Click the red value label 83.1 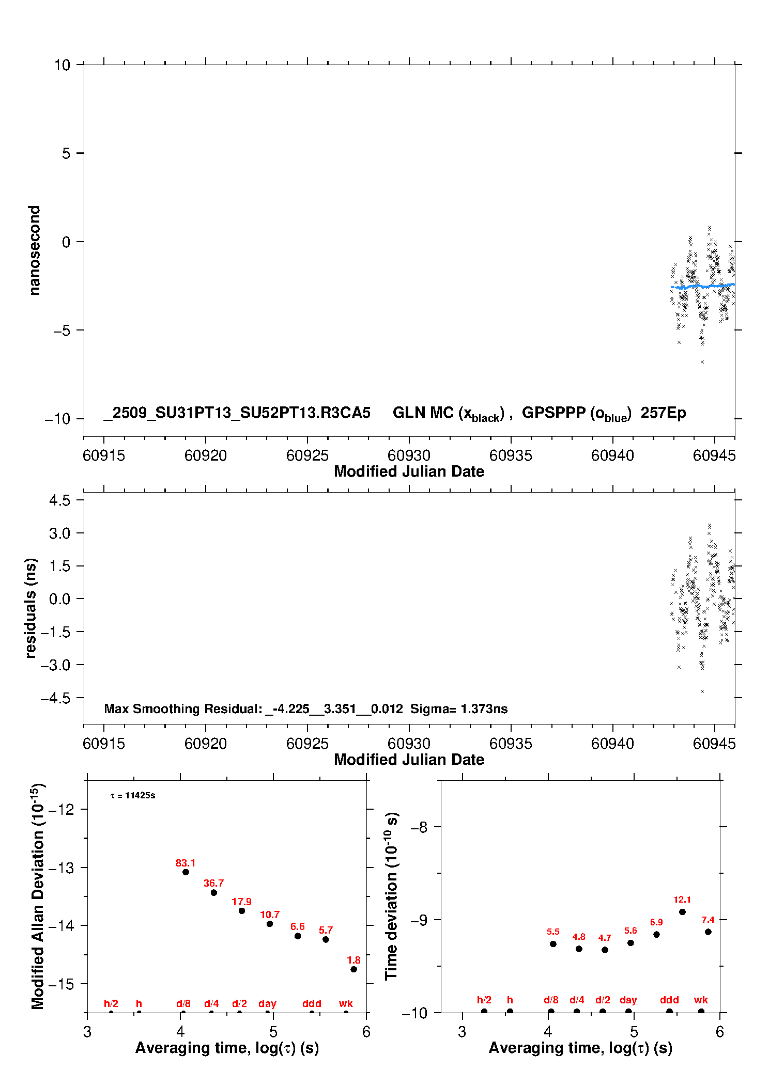click(x=185, y=863)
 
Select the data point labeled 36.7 click(x=213, y=892)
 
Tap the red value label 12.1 click(x=682, y=900)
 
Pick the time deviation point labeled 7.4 click(x=708, y=932)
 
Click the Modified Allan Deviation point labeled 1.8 click(x=353, y=969)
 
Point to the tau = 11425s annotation click(x=133, y=796)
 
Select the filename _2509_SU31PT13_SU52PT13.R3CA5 click(x=237, y=413)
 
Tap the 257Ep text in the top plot click(x=663, y=413)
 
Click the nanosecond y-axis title click(x=34, y=250)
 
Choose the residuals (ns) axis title click(x=31, y=608)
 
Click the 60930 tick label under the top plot click(x=409, y=455)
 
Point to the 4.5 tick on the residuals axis click(x=59, y=500)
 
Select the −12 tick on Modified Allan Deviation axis click(x=61, y=809)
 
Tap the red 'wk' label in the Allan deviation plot click(x=346, y=1003)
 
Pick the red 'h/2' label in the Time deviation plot click(x=484, y=1000)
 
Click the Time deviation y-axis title click(x=392, y=896)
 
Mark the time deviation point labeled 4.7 click(x=604, y=950)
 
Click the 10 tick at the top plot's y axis click(x=62, y=65)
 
